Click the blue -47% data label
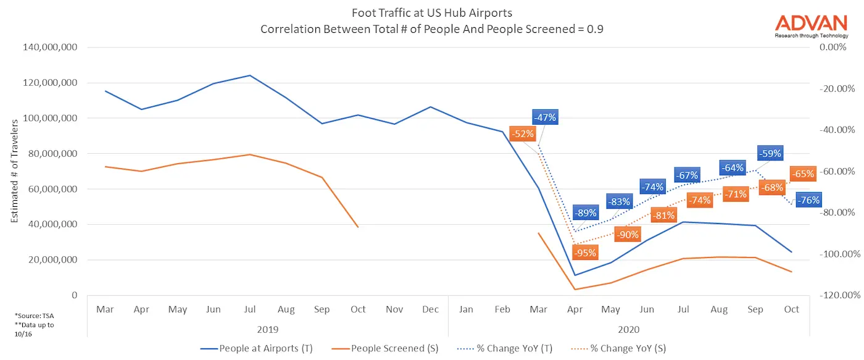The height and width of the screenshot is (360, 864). tap(545, 117)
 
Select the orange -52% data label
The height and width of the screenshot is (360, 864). tap(522, 133)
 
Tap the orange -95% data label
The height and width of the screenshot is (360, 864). tap(584, 253)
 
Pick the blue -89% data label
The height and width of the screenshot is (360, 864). tap(585, 213)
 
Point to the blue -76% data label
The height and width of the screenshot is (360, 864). tap(808, 200)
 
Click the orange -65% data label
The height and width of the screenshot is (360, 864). tap(803, 174)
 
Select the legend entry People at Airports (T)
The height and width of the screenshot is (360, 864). tap(257, 348)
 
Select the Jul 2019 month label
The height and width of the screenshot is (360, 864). tap(249, 309)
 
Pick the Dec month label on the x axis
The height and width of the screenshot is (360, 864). tap(430, 309)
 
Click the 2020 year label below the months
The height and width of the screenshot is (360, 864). tap(628, 330)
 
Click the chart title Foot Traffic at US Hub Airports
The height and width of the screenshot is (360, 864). tap(431, 13)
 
